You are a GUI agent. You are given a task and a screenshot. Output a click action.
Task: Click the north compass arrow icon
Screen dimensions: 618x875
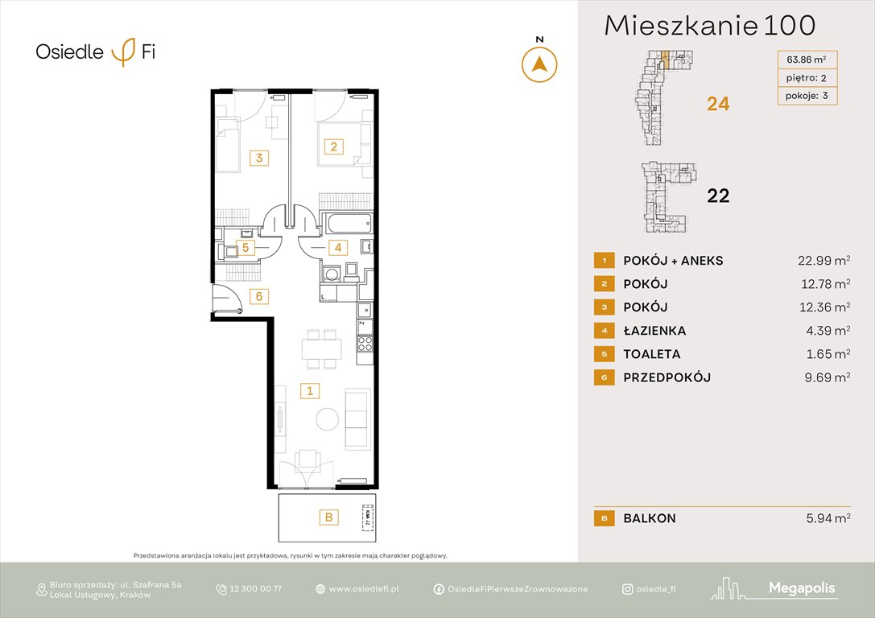pos(539,64)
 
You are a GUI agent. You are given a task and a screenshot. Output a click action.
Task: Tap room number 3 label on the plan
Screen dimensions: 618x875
pos(258,158)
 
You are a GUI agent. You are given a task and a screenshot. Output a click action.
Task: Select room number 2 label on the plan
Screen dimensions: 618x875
pos(333,146)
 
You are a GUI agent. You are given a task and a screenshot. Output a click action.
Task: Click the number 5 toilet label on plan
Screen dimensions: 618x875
pos(246,248)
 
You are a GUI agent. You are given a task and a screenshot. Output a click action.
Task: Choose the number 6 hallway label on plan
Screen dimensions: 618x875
pos(258,296)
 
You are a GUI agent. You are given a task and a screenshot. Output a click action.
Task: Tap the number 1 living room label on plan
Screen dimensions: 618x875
pos(309,391)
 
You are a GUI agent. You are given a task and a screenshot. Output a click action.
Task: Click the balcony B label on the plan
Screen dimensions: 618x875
pos(328,517)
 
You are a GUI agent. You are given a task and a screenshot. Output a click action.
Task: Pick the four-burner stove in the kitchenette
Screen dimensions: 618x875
pos(365,345)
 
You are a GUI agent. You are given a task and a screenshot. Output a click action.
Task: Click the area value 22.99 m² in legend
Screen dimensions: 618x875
pos(819,260)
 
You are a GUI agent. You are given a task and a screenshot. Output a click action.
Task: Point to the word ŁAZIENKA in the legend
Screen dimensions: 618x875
pos(654,331)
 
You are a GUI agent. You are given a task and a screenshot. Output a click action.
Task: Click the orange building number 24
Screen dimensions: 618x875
pos(718,103)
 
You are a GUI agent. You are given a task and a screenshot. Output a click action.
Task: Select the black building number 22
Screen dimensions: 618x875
pos(718,196)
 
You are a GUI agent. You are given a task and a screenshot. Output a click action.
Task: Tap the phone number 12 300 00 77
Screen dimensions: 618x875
pos(255,589)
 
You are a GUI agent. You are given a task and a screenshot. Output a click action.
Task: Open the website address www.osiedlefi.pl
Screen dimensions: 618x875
pos(364,589)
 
